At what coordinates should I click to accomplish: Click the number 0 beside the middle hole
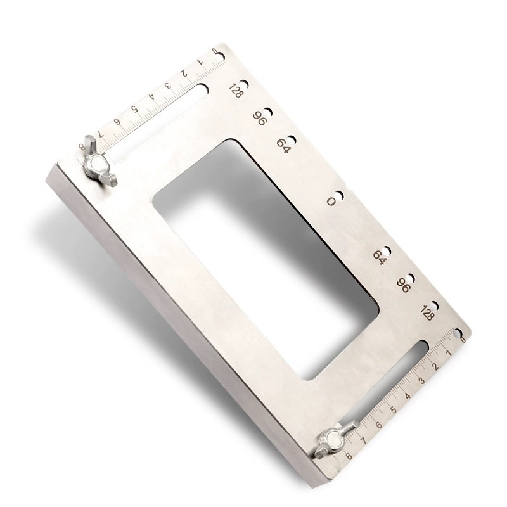(x=331, y=202)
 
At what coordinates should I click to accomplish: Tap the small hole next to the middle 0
(x=339, y=196)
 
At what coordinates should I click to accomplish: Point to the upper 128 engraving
(x=236, y=91)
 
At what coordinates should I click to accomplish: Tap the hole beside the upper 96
(x=268, y=113)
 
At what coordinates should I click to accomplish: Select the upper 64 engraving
(x=283, y=146)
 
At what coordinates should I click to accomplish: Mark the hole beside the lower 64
(x=387, y=250)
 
